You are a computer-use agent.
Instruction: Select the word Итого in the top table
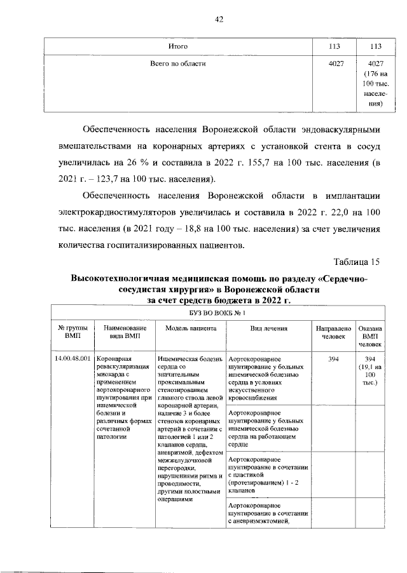pyautogui.click(x=176, y=47)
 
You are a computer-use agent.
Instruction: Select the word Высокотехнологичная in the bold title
pyautogui.click(x=125, y=279)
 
